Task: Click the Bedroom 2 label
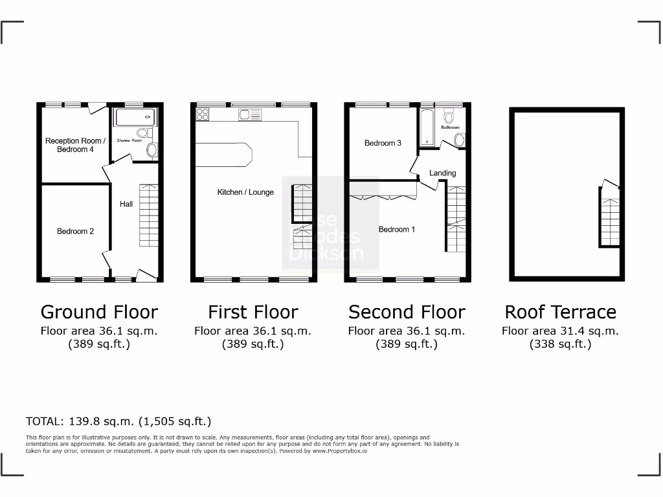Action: coord(75,231)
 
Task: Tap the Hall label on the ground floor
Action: coord(126,204)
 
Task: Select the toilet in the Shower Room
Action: coord(143,133)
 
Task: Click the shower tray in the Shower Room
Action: coord(135,118)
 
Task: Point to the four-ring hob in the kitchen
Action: coord(202,115)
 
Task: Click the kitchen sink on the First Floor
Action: coord(249,115)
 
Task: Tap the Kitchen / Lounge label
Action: coord(245,192)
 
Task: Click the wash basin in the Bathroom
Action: coord(459,140)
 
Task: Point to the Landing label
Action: coord(442,173)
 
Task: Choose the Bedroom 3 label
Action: coord(383,143)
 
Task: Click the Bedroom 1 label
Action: coord(397,229)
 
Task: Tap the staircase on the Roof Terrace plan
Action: coord(609,217)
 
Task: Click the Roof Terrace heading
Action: coord(560,312)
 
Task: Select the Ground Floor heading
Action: coord(99,312)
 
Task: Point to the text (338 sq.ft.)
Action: coord(560,344)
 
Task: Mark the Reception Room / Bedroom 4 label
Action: coord(74,145)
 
